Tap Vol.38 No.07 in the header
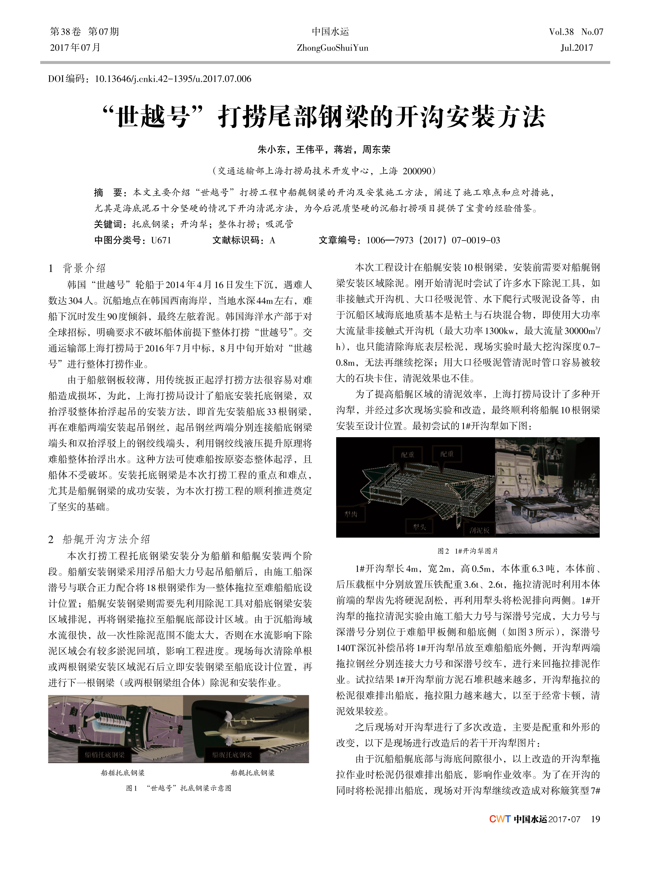(x=576, y=32)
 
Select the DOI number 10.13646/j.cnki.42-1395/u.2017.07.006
(x=173, y=79)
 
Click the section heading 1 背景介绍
(x=77, y=268)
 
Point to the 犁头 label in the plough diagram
(x=419, y=527)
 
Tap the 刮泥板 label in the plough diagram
(x=479, y=530)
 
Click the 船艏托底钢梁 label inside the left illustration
(x=105, y=755)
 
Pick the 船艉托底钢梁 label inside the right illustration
(x=232, y=755)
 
